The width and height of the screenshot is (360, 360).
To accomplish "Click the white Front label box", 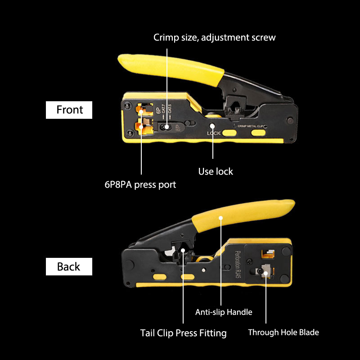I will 69,110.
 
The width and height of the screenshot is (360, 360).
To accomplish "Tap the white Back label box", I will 69,266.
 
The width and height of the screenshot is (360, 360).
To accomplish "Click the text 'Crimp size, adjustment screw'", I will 214,37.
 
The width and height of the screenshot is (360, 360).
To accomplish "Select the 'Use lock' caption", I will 216,171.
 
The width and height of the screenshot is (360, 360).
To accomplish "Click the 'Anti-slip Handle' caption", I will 224,312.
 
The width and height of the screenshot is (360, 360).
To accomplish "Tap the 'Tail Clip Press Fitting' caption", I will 183,333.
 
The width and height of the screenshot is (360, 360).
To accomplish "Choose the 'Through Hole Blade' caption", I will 283,333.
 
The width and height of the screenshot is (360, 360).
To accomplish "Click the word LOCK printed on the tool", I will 213,134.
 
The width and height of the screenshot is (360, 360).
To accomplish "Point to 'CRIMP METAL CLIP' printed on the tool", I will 250,127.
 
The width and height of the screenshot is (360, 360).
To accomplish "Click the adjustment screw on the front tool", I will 166,127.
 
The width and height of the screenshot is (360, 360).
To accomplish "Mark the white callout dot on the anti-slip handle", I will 221,218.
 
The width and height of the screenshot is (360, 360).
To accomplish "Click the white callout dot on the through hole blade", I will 265,272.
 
